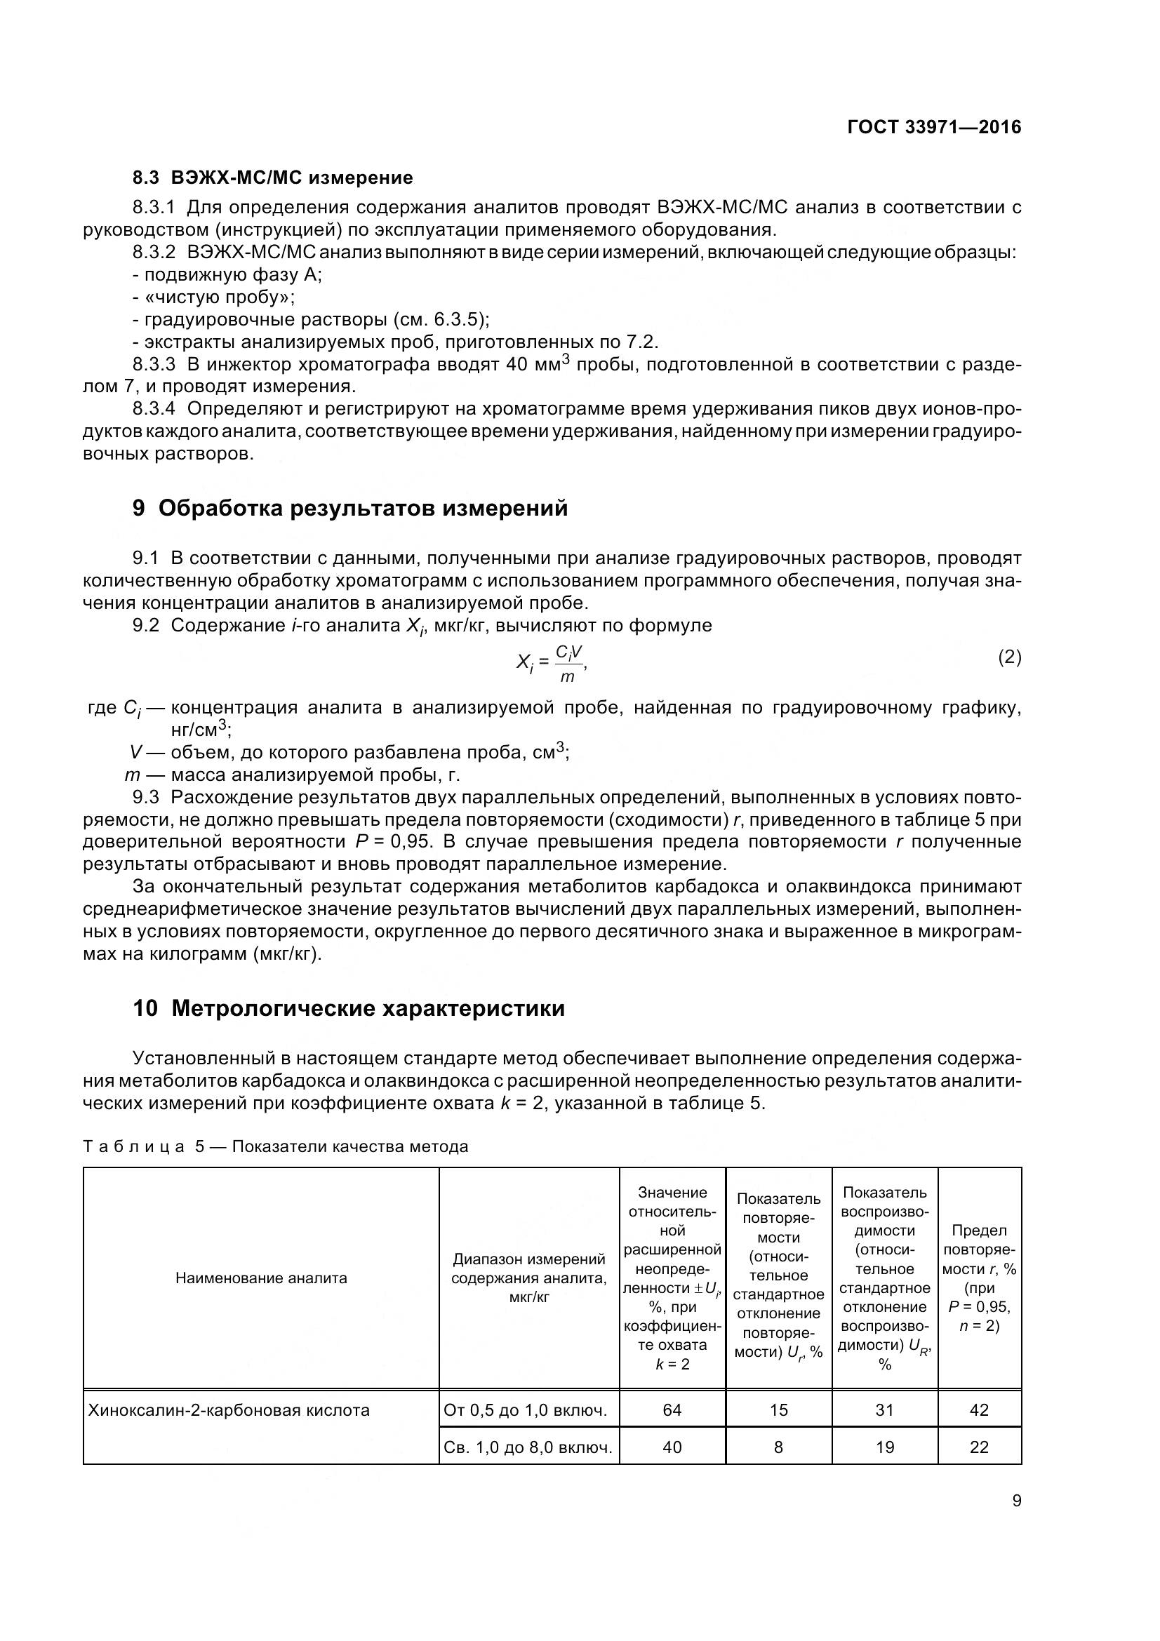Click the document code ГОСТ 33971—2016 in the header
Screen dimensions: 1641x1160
tap(933, 127)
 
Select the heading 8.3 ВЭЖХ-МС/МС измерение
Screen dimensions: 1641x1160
tap(272, 177)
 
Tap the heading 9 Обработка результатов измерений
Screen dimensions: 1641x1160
tap(350, 508)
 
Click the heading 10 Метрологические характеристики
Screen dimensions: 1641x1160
tap(349, 1008)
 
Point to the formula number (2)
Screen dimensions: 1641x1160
tap(1009, 657)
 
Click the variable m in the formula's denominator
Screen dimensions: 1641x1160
tap(567, 676)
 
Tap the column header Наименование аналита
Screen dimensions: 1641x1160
tap(261, 1278)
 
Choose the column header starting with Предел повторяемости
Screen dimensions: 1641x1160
tap(978, 1277)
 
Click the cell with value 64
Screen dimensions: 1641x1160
tap(672, 1409)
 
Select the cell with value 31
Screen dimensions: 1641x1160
tap(884, 1409)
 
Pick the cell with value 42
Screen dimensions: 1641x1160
tap(978, 1409)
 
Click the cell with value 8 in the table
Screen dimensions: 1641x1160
tap(778, 1447)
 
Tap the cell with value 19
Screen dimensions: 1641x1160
tap(884, 1447)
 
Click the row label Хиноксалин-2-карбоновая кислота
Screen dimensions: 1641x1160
tap(229, 1410)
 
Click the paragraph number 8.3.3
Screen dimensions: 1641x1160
tap(154, 365)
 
